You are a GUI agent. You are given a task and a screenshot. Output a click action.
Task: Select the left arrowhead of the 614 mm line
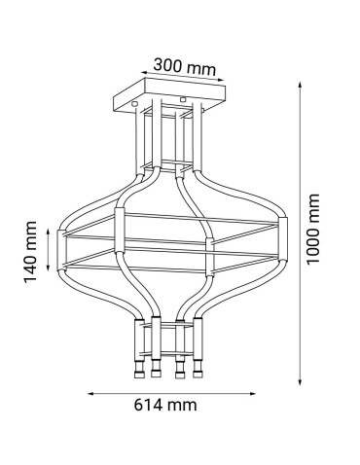click(x=92, y=394)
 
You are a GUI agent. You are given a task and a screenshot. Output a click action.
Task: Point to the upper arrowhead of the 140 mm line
click(x=50, y=223)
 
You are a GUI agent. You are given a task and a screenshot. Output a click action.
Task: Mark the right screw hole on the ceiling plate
click(x=183, y=99)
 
